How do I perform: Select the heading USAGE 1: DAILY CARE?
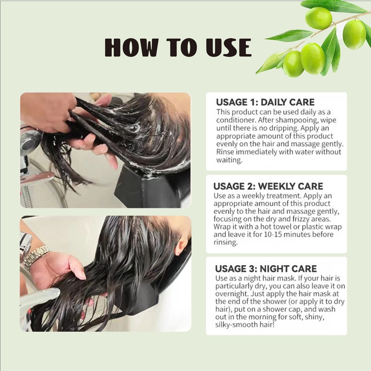[265, 102]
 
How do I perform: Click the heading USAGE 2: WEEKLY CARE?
[268, 186]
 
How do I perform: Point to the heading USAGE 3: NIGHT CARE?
[266, 269]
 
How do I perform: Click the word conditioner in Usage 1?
[237, 120]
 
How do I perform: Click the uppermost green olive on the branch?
[318, 18]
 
